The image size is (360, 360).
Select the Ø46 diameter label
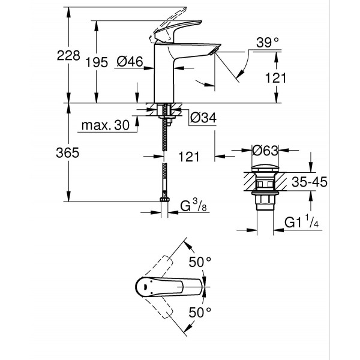click(x=129, y=61)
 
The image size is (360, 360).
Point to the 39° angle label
click(x=268, y=42)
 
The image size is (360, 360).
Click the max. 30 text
click(x=104, y=125)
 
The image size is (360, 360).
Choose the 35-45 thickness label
click(x=310, y=182)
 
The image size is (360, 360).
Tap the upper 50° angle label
click(x=200, y=262)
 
